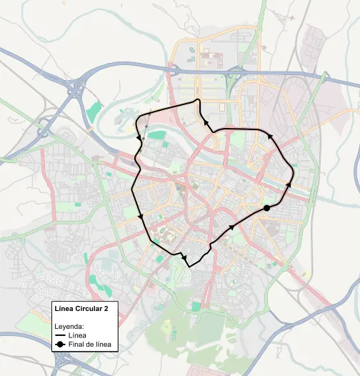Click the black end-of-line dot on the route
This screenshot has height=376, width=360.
266,207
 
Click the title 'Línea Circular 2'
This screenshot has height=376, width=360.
83,309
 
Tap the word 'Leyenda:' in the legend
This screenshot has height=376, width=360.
70,326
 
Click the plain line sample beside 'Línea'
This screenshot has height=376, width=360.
61,335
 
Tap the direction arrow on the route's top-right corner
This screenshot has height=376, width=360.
269,136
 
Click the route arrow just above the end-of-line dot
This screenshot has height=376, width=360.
289,185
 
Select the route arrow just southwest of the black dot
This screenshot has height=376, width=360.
231,228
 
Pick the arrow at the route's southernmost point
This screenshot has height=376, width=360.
184,257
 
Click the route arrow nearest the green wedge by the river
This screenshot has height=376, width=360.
139,136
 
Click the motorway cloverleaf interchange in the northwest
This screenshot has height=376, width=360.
76,89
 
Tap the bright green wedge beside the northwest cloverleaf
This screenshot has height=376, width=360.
94,112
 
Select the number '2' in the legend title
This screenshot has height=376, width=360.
107,309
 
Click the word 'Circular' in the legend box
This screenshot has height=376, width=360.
89,309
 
